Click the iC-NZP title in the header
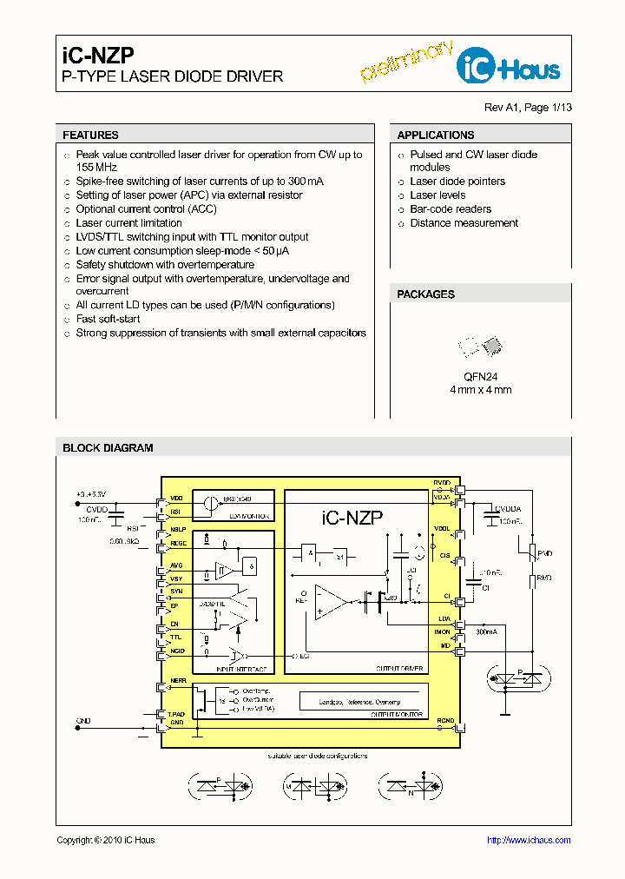pyautogui.click(x=98, y=56)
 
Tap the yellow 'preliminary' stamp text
pyautogui.click(x=407, y=61)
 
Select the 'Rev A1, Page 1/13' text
pyautogui.click(x=528, y=108)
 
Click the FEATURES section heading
pyautogui.click(x=90, y=135)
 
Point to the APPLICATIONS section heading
pyautogui.click(x=435, y=135)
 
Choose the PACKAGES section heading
pyautogui.click(x=425, y=294)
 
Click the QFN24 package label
pyautogui.click(x=480, y=376)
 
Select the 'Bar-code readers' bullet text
pyautogui.click(x=451, y=209)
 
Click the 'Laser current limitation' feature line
pyautogui.click(x=128, y=223)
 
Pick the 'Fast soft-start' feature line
pyautogui.click(x=108, y=319)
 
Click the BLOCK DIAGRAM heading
pyautogui.click(x=108, y=448)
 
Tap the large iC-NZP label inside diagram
pyautogui.click(x=352, y=519)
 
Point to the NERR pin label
pyautogui.click(x=178, y=680)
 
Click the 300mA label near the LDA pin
pyautogui.click(x=487, y=632)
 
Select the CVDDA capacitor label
pyautogui.click(x=508, y=509)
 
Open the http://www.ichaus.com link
pyautogui.click(x=528, y=840)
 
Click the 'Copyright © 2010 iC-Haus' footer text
pyautogui.click(x=105, y=840)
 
